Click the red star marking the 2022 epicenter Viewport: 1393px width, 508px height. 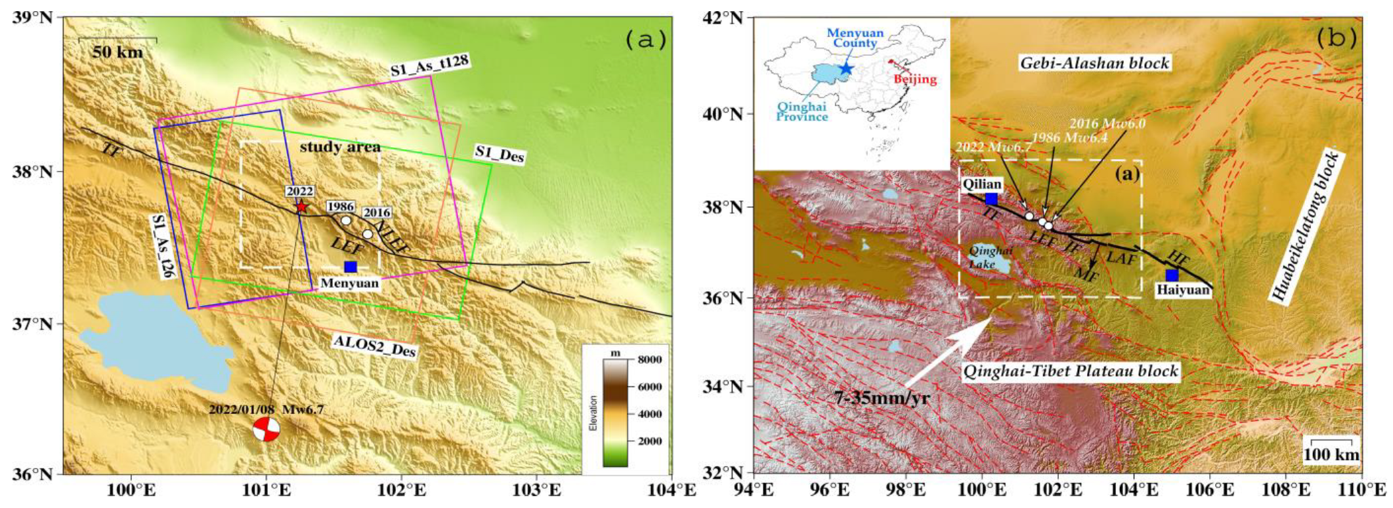[x=301, y=207]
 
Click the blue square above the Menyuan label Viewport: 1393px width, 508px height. [x=351, y=266]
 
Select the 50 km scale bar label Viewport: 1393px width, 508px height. [x=118, y=52]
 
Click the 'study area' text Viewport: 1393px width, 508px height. [x=340, y=147]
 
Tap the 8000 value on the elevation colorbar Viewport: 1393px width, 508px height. [x=651, y=359]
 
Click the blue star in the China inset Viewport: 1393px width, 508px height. [x=846, y=68]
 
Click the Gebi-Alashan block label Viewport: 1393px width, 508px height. [x=1094, y=63]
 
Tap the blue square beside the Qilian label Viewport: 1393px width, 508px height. [x=991, y=198]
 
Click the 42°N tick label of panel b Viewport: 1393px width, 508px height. [x=722, y=17]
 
